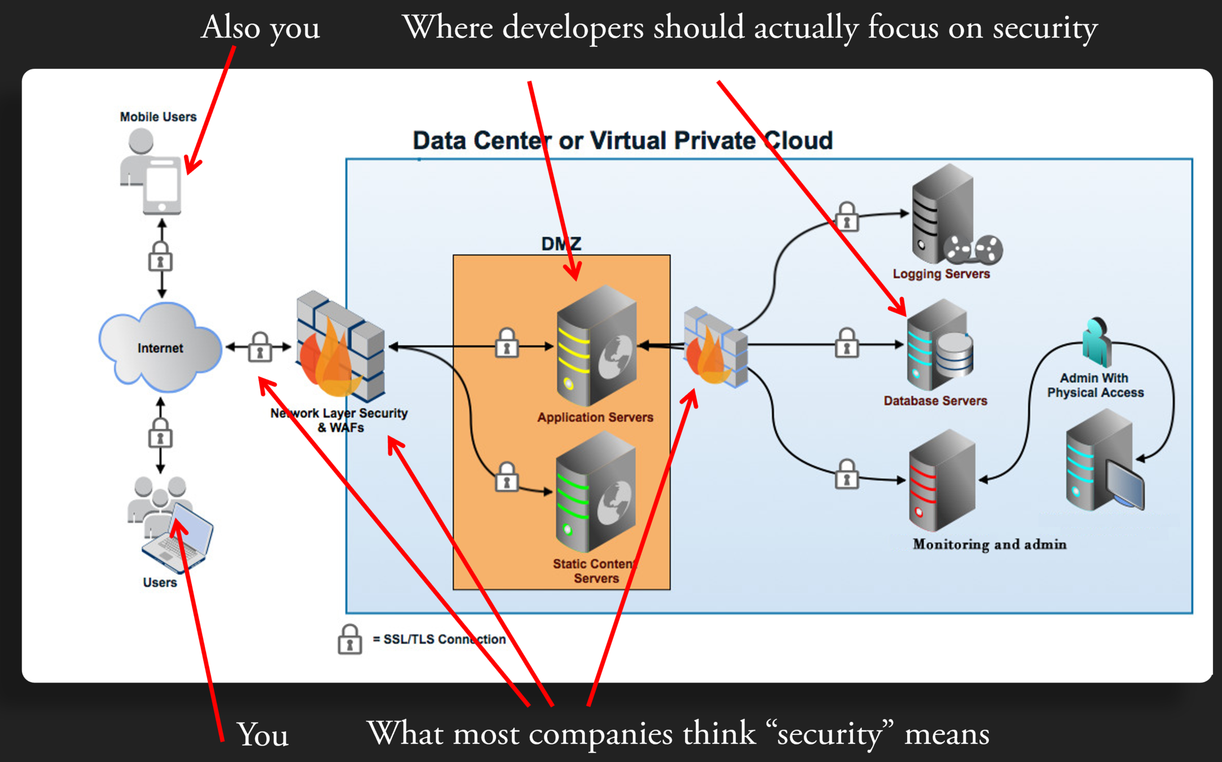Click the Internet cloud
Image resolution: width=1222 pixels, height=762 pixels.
pyautogui.click(x=160, y=347)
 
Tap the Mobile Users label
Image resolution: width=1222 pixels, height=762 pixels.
pyautogui.click(x=158, y=117)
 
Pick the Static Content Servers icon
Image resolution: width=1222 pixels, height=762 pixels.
pyautogui.click(x=595, y=492)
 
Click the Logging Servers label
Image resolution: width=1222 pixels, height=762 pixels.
pyautogui.click(x=941, y=274)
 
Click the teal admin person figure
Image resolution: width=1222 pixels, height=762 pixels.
pyautogui.click(x=1096, y=341)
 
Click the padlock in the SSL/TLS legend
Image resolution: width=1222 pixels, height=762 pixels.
pyautogui.click(x=350, y=640)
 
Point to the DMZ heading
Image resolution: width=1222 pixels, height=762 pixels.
pyautogui.click(x=561, y=244)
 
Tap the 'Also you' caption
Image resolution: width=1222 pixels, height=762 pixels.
pyautogui.click(x=261, y=28)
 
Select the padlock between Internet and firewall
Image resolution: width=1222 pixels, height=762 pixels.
pyautogui.click(x=260, y=347)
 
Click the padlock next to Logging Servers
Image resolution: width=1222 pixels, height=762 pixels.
pyautogui.click(x=846, y=217)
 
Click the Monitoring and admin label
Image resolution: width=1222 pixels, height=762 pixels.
pyautogui.click(x=990, y=544)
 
